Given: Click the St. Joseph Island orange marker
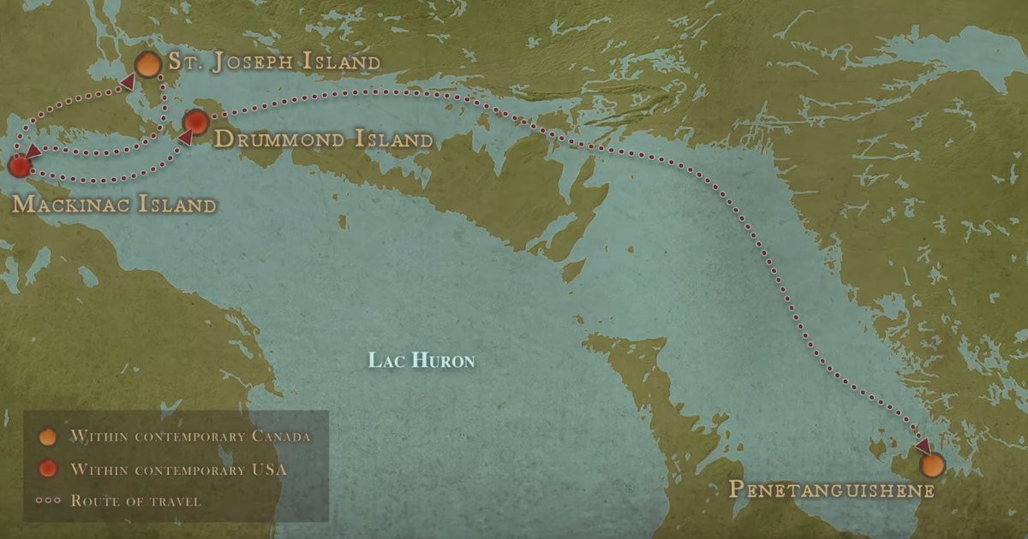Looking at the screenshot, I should (x=148, y=64).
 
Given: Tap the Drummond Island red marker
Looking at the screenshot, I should (x=196, y=122).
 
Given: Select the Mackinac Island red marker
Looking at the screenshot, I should (x=18, y=166).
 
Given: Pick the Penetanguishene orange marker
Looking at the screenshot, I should (x=932, y=465).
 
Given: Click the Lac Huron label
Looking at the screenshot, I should (x=421, y=359).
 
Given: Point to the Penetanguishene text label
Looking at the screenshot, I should (x=830, y=490).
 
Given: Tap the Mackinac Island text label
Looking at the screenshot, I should (x=114, y=205).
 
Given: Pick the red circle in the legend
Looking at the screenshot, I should (x=48, y=469).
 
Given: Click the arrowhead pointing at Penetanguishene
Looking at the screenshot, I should (x=922, y=447).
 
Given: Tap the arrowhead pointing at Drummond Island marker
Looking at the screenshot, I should (x=184, y=137).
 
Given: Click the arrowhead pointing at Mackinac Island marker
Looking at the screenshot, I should (x=31, y=152).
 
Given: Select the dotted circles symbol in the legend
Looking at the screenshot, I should (x=48, y=500).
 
